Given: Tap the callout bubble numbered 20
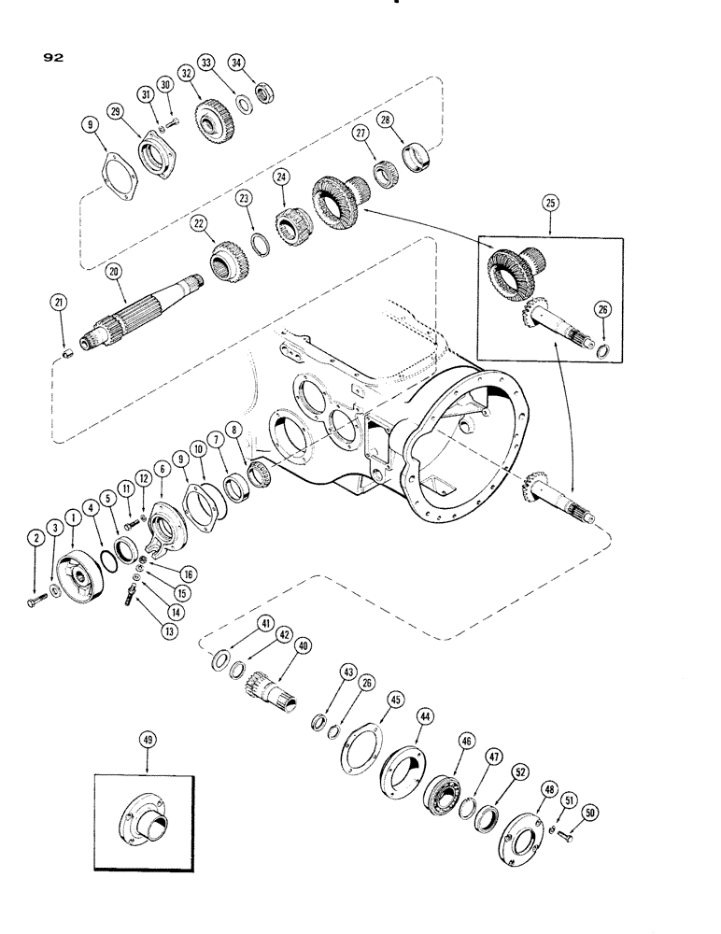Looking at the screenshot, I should [x=112, y=271].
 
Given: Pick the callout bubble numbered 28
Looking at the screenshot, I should [x=408, y=119].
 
